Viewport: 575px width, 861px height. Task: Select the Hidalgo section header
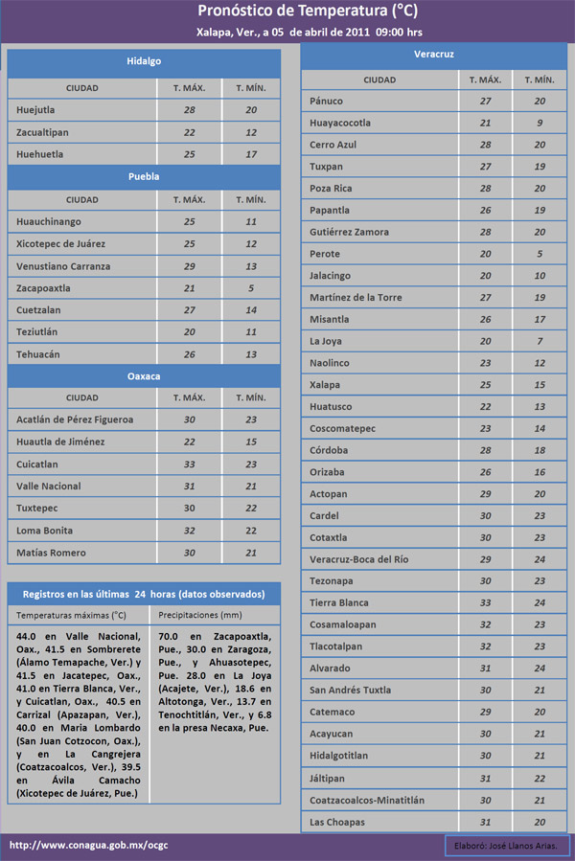click(x=144, y=61)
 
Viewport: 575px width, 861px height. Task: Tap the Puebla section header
click(x=144, y=177)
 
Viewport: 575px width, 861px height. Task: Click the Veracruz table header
click(x=434, y=55)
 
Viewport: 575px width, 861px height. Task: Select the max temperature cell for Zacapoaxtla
click(x=189, y=288)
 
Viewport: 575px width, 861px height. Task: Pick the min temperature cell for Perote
click(x=540, y=254)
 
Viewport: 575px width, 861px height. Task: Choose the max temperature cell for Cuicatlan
click(x=189, y=464)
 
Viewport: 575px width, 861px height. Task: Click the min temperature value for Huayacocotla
click(x=540, y=123)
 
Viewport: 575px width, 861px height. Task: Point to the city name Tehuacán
click(x=38, y=354)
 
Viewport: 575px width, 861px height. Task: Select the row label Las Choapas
click(x=337, y=822)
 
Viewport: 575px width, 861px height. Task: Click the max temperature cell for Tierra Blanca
click(x=485, y=603)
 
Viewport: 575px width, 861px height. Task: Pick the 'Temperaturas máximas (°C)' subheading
click(x=72, y=615)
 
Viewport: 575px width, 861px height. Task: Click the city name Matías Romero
click(x=51, y=553)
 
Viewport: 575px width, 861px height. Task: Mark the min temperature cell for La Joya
click(x=540, y=341)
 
